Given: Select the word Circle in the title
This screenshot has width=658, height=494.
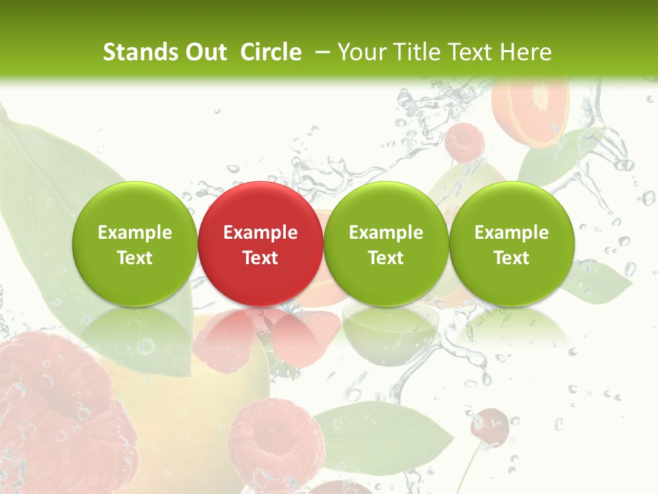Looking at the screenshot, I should pyautogui.click(x=271, y=52).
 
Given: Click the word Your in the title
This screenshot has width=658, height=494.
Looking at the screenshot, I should pyautogui.click(x=360, y=52).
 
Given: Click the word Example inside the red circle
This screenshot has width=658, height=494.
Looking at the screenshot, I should pyautogui.click(x=260, y=233).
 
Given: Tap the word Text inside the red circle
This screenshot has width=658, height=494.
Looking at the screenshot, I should pyautogui.click(x=260, y=258).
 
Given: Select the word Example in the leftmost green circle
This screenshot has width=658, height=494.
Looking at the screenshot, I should pyautogui.click(x=135, y=233).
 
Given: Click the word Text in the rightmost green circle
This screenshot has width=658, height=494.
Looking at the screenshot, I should pyautogui.click(x=511, y=258).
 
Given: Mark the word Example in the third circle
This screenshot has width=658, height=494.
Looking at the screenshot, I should pyautogui.click(x=386, y=233).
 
